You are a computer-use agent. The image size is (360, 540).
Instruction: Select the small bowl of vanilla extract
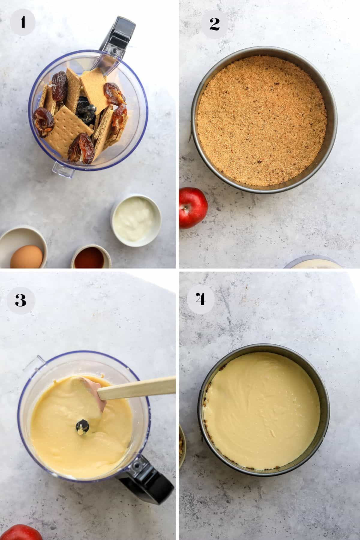[88, 257]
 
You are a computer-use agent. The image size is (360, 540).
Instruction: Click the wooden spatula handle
[137, 388]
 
